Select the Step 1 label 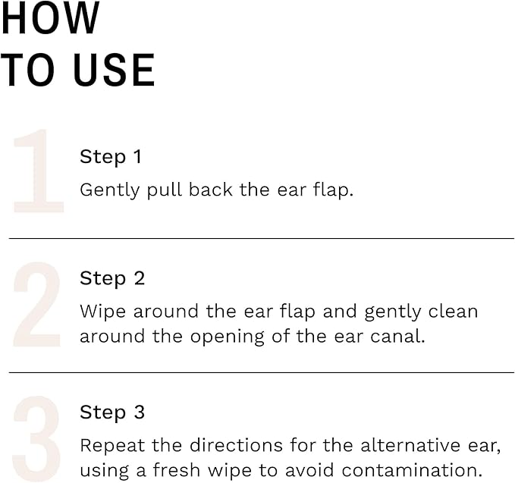coord(111,157)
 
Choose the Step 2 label coord(112,278)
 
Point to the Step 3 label coord(112,412)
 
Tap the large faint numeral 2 coord(36,305)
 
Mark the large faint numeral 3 coord(36,438)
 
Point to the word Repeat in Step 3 coord(108,445)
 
